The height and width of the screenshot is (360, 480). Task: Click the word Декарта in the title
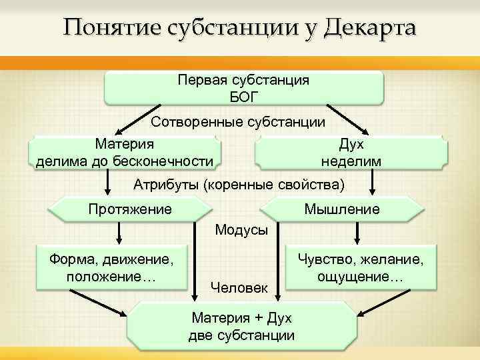(x=370, y=28)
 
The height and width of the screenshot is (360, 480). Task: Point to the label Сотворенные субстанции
(x=238, y=122)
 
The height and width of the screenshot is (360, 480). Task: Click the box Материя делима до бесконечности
(x=125, y=152)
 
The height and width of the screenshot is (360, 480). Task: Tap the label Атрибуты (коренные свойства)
(x=239, y=183)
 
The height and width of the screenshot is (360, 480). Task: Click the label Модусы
(x=241, y=230)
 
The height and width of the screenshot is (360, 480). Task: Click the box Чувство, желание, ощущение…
(x=360, y=267)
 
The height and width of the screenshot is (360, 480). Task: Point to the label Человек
(x=239, y=287)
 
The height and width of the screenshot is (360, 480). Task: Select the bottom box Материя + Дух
(x=241, y=325)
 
